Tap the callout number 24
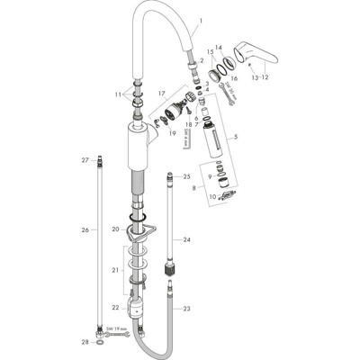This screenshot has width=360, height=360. coord(186,240)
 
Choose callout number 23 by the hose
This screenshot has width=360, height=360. coord(186,309)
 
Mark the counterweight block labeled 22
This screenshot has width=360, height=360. coord(135,312)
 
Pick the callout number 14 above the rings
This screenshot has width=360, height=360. coord(219,47)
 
